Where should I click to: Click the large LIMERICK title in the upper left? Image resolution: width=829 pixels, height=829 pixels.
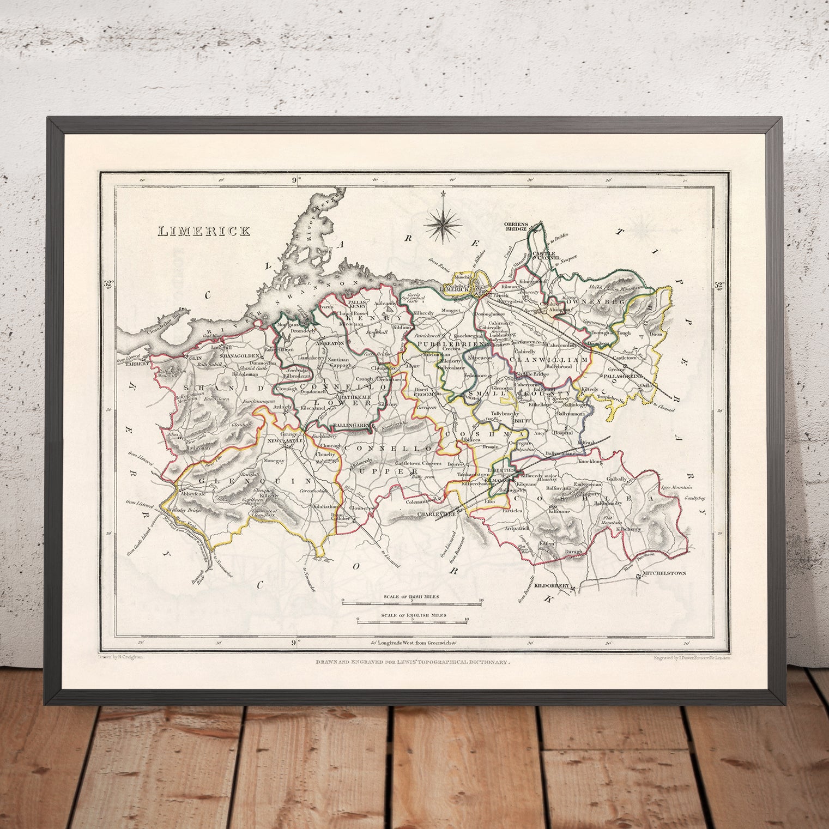click(x=204, y=231)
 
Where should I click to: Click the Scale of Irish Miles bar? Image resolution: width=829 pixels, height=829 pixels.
click(x=412, y=603)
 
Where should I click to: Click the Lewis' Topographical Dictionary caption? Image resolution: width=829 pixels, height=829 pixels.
click(x=414, y=662)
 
